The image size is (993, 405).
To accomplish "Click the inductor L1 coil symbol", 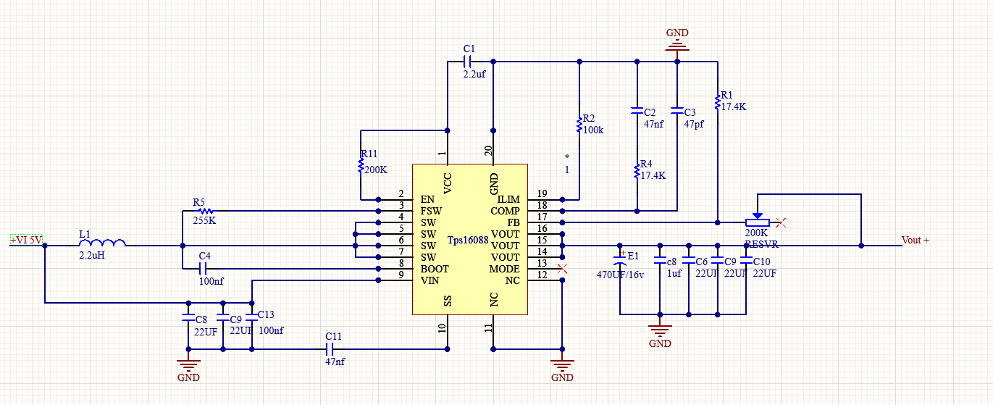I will coord(101,243).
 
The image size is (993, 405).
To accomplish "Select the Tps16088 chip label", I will coord(467,241).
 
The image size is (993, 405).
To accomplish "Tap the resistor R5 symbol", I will coord(202,210).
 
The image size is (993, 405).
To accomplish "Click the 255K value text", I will coord(204,220).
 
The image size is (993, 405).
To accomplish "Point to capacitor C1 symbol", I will coord(468,61).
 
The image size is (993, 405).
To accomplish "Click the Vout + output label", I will coord(915,240).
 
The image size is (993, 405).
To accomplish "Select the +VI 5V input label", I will coord(27,239).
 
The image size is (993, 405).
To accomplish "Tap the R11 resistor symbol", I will coord(360,165).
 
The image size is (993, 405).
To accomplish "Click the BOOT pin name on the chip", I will coord(435,269).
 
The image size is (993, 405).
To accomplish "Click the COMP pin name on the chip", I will coord(506,211).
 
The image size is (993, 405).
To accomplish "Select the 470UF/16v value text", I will coord(620,275).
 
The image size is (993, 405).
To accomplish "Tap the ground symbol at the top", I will coord(677,46).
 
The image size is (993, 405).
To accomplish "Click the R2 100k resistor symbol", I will coord(579,125).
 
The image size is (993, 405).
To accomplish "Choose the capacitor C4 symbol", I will coord(204,268).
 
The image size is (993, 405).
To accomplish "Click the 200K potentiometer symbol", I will coord(757,222).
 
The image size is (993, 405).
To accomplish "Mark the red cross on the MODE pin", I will coord(561,269).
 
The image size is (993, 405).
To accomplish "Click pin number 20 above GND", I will coord(489,151).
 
